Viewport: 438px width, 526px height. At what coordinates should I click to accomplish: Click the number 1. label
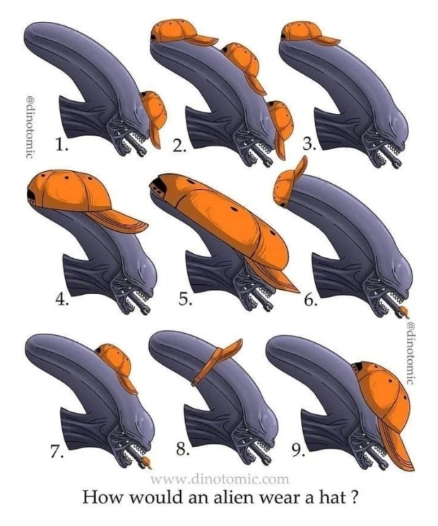[x=62, y=145]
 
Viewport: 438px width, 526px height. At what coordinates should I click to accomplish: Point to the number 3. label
[x=309, y=144]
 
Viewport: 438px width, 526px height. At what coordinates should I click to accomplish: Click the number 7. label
[x=57, y=453]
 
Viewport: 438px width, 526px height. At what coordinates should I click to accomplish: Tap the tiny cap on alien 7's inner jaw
[x=146, y=463]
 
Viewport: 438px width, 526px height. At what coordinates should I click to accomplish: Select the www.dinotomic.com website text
[x=220, y=479]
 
